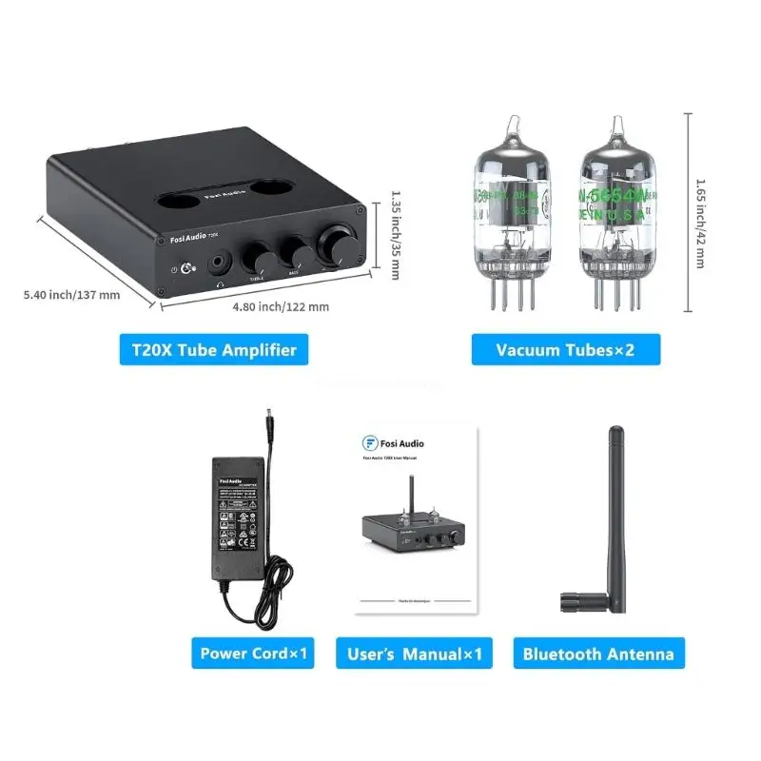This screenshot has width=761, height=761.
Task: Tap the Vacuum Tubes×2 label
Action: click(565, 349)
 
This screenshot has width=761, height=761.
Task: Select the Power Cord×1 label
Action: click(253, 654)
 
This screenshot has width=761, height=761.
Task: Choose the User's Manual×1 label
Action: click(414, 654)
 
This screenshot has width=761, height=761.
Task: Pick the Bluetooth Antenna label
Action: click(598, 654)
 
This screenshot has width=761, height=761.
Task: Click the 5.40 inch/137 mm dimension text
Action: click(72, 294)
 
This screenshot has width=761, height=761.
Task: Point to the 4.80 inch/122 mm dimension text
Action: click(282, 306)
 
